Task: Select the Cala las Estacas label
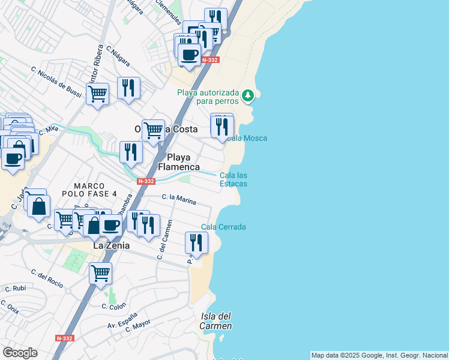234,179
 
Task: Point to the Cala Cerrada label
223,227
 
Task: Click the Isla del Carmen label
217,321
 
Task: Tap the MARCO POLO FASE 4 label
95,190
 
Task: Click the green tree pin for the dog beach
247,95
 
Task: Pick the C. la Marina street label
179,199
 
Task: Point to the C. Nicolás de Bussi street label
56,82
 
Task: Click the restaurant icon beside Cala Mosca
221,127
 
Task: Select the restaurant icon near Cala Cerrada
196,243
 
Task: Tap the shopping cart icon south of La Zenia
100,273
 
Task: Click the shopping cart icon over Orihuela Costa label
153,130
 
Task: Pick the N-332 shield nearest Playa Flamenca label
146,181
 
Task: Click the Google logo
20,353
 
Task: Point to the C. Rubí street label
15,289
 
